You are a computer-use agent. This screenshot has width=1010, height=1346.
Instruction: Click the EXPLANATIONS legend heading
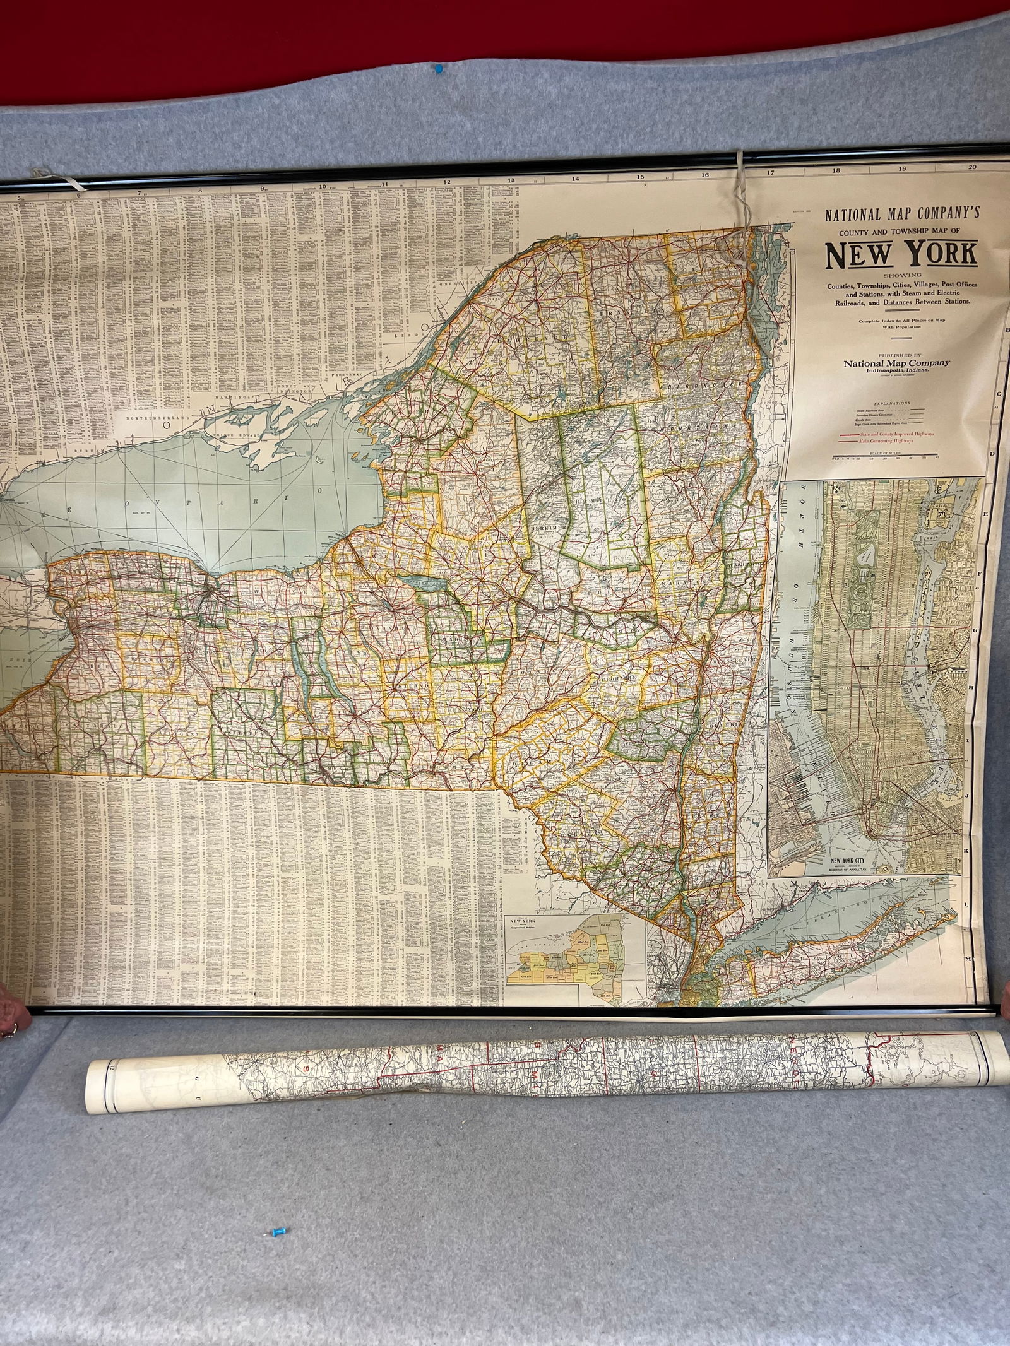click(892, 402)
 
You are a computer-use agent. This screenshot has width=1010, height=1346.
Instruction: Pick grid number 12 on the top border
click(447, 182)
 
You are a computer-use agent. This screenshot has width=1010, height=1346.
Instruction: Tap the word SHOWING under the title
click(902, 275)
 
